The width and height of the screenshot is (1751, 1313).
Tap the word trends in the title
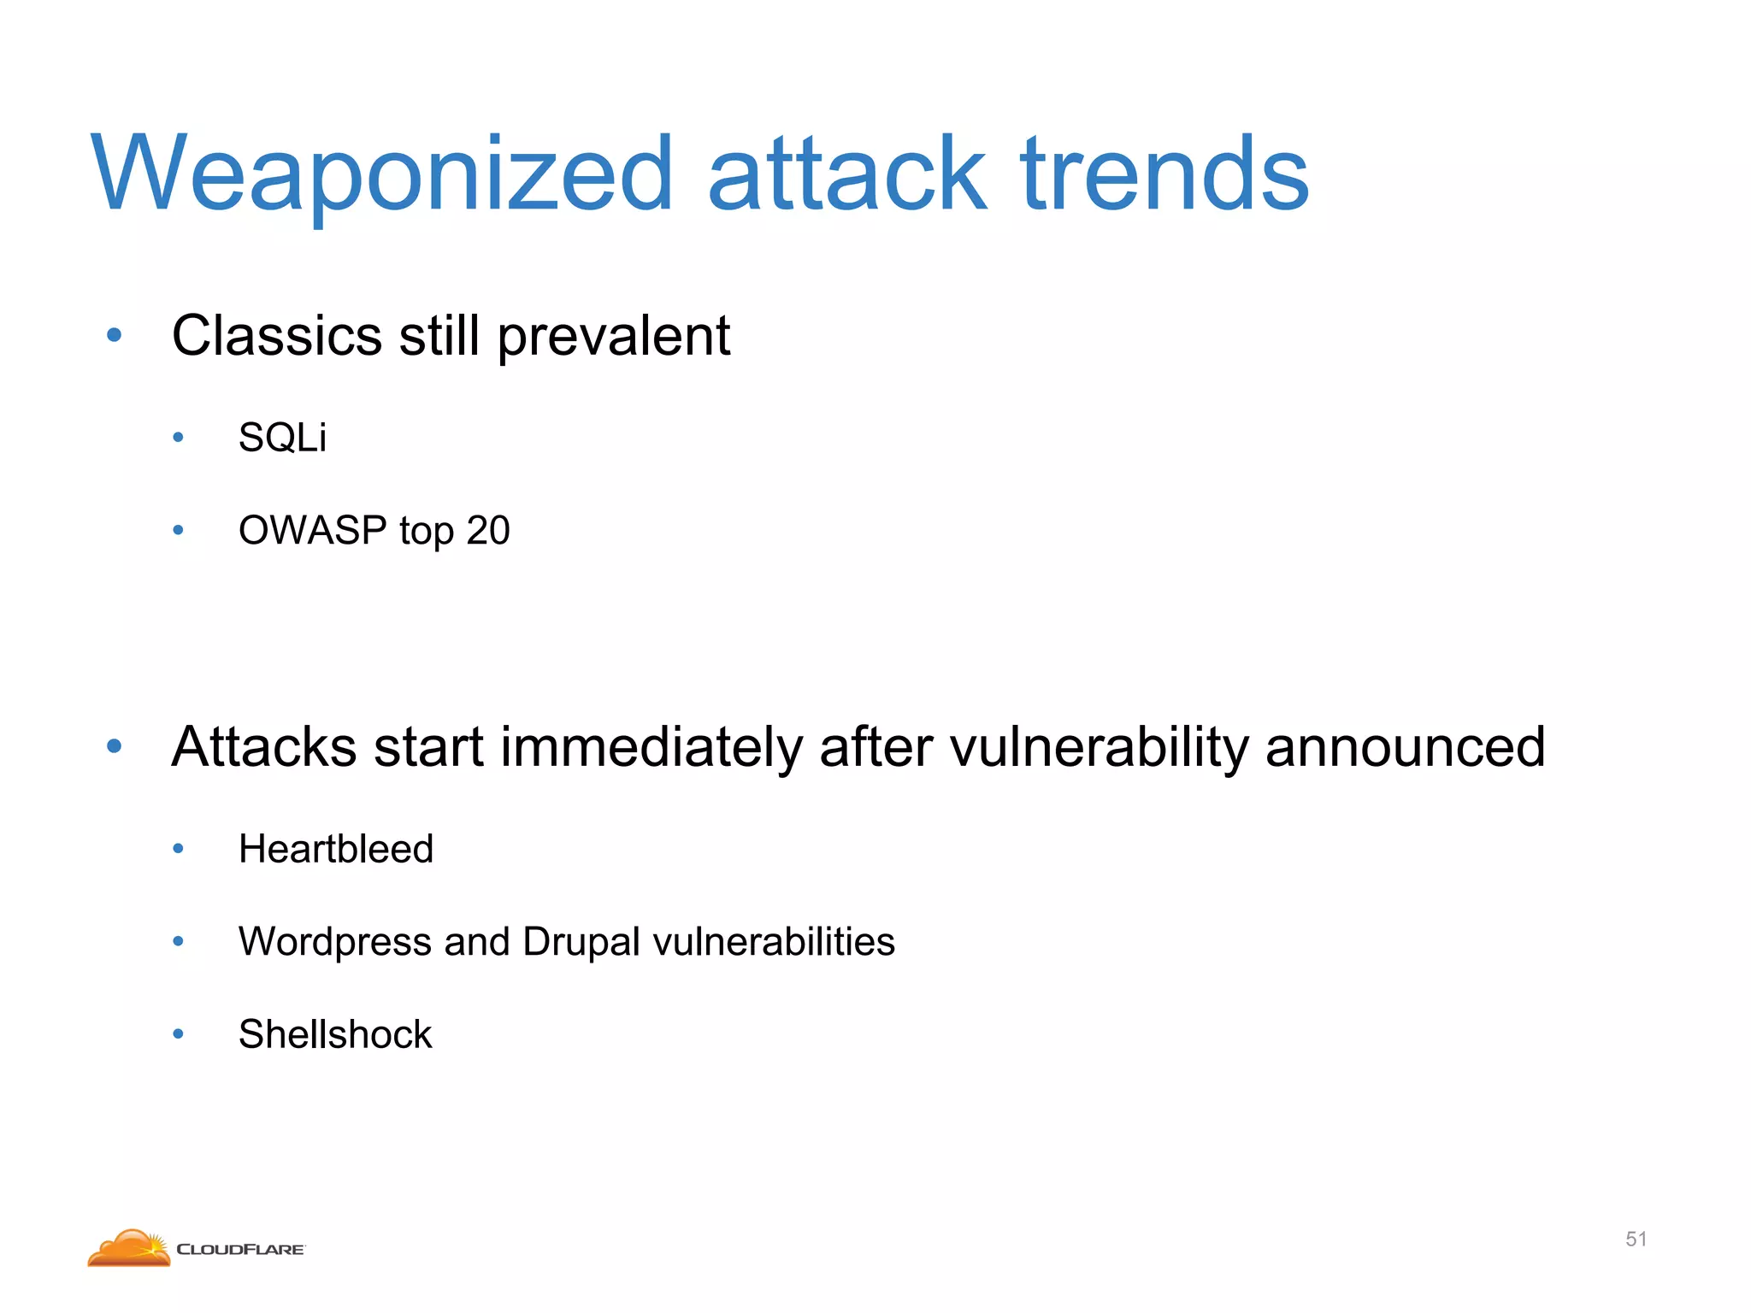[1164, 175]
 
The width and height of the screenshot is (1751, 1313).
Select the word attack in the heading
[846, 175]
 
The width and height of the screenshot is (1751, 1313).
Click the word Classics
[276, 335]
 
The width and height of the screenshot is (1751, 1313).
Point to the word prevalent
[613, 337]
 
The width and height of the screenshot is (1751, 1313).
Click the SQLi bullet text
[282, 438]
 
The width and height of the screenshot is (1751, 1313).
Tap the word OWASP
[312, 530]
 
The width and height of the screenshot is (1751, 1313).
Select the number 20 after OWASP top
[488, 530]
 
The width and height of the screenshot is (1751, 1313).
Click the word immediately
[651, 747]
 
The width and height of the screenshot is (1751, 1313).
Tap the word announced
[1405, 747]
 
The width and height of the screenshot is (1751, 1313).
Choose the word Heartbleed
[336, 849]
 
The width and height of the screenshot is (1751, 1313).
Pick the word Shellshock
[335, 1034]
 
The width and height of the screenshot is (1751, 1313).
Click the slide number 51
[1636, 1239]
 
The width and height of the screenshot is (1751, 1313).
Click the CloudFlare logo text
[240, 1250]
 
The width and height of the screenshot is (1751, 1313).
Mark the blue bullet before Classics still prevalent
[115, 335]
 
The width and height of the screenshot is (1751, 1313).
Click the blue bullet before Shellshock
[178, 1034]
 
